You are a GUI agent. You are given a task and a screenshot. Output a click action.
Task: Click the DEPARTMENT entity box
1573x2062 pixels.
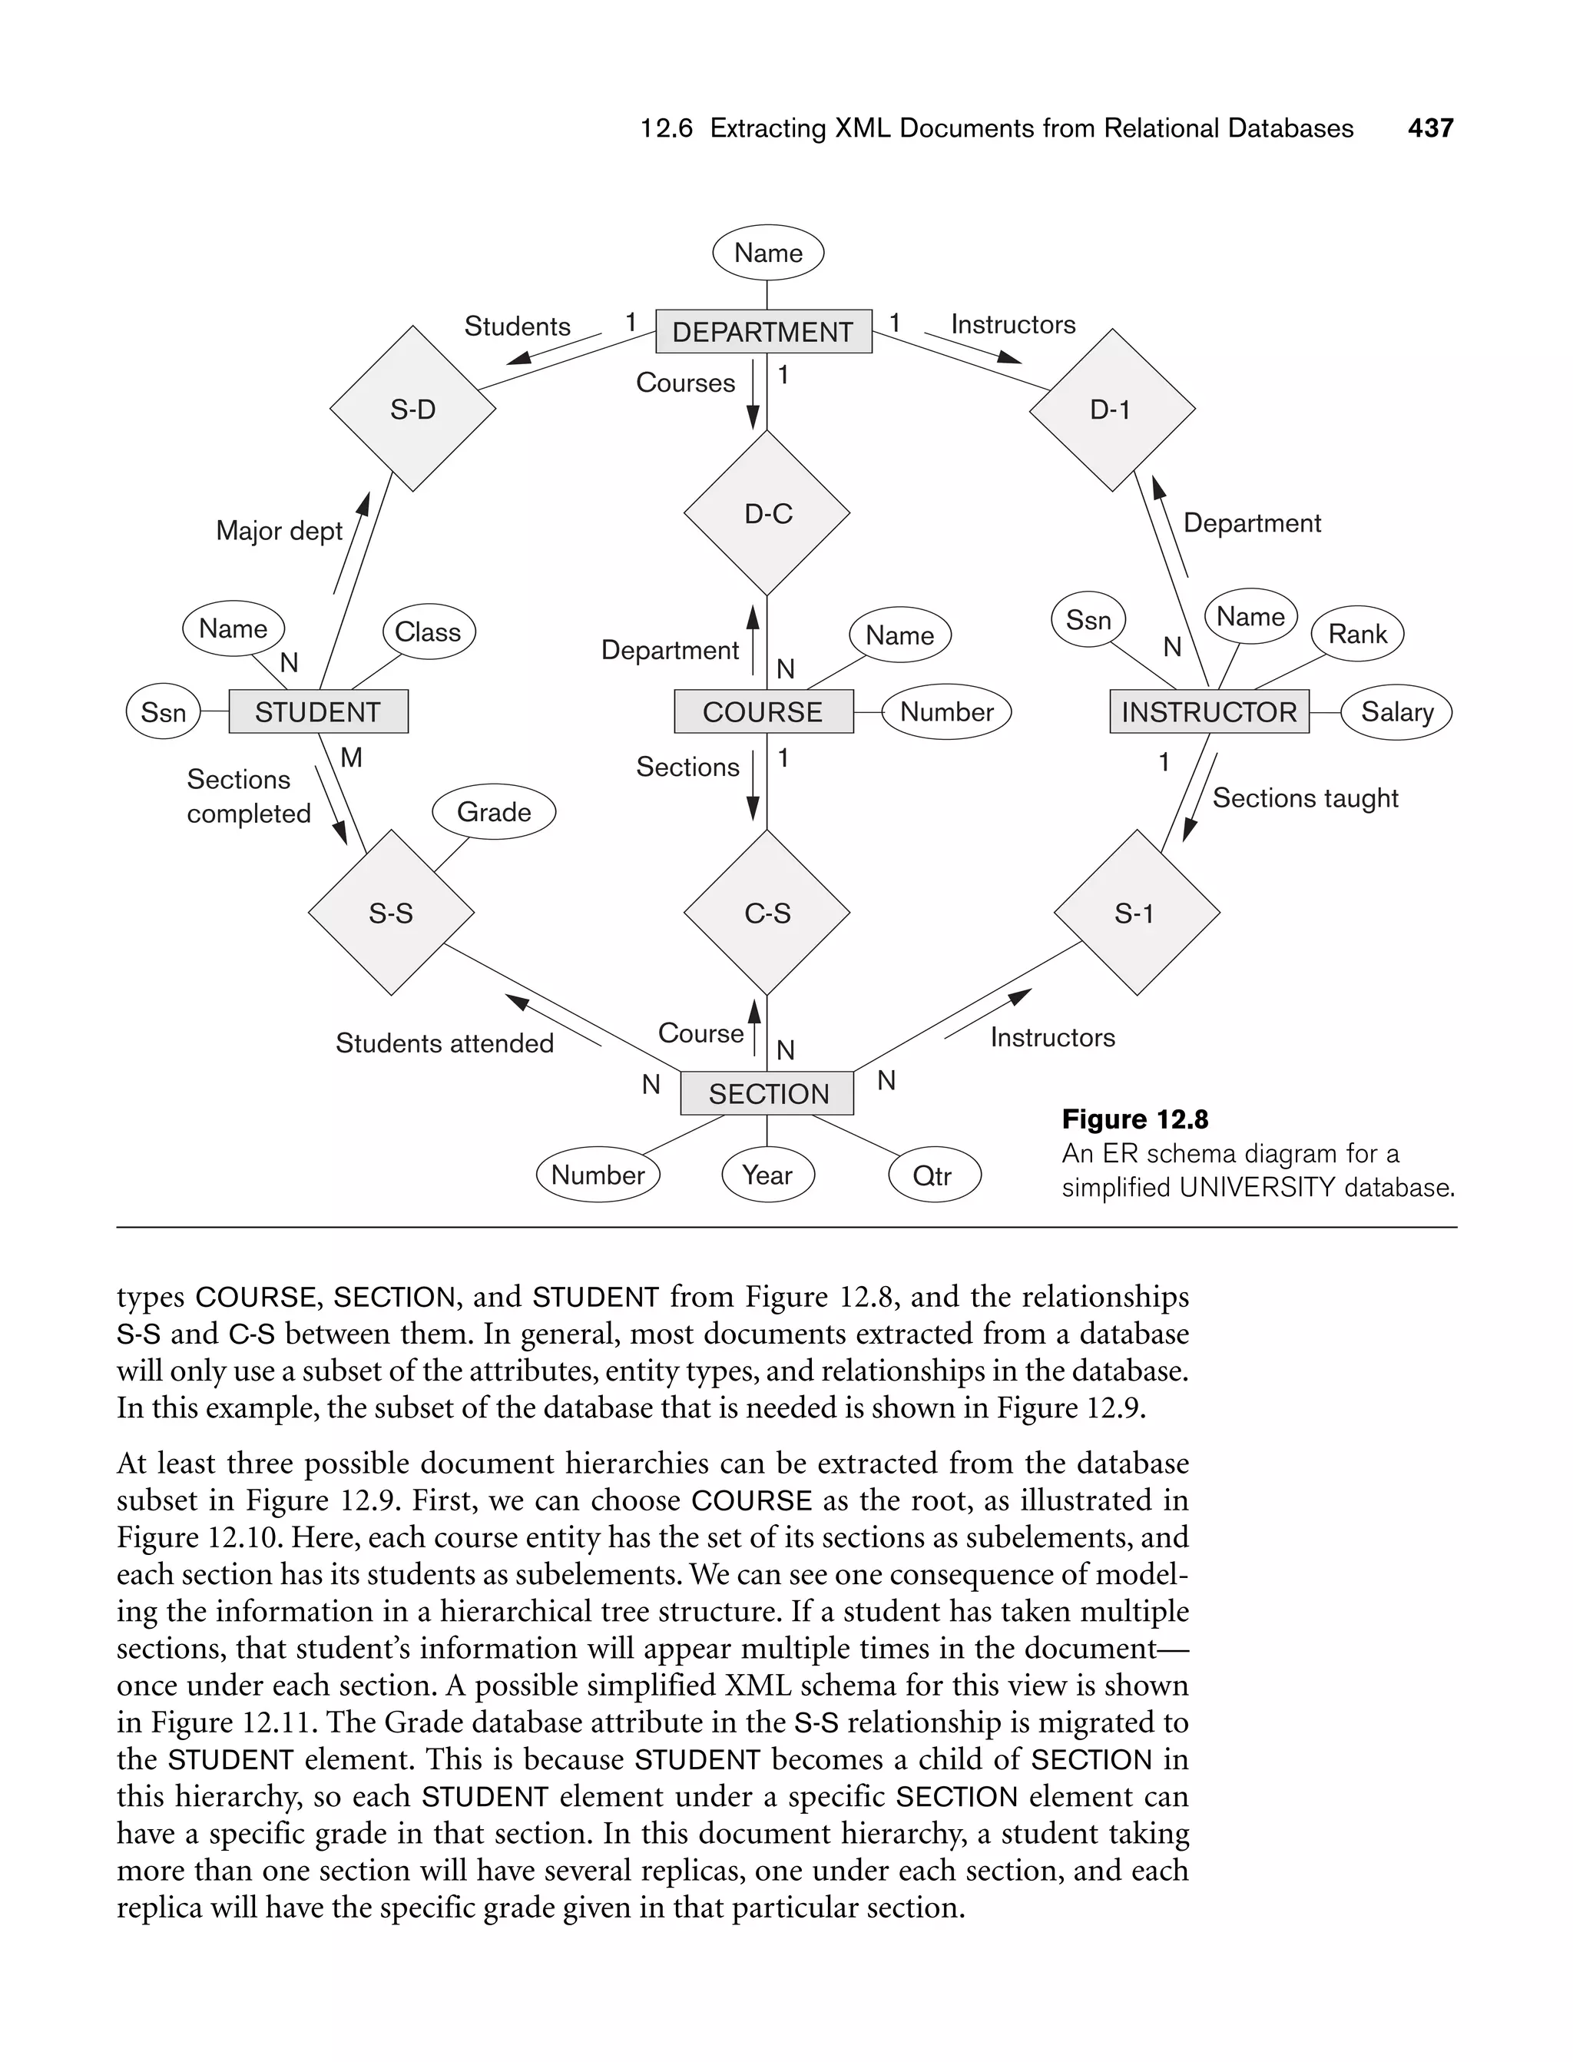point(763,331)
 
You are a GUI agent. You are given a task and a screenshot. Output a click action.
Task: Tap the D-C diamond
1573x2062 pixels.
point(767,513)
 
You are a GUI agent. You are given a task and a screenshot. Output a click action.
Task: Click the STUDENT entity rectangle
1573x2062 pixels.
point(317,711)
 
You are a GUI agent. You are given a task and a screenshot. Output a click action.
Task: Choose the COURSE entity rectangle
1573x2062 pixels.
point(763,711)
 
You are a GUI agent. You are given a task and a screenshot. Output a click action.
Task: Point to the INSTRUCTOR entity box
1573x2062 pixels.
point(1209,711)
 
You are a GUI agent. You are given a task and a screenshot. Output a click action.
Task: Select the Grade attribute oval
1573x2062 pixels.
point(493,812)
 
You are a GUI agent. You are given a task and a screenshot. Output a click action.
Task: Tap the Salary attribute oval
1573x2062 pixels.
point(1396,711)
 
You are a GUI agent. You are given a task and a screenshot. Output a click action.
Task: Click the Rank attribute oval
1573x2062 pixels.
point(1356,634)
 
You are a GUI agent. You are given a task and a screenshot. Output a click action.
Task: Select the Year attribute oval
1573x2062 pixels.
point(768,1174)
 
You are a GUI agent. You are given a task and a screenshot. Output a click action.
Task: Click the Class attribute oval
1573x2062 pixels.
point(428,632)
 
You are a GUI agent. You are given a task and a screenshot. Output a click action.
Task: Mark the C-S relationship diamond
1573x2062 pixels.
point(767,913)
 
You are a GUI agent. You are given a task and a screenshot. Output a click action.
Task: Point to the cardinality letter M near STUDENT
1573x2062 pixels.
point(351,758)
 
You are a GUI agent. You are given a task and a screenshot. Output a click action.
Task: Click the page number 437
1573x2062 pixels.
point(1429,128)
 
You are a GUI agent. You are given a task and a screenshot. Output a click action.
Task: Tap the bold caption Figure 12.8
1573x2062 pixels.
point(1134,1119)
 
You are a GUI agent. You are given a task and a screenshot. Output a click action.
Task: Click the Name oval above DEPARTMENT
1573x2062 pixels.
point(768,253)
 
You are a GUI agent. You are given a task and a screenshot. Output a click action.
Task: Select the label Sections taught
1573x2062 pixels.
point(1304,797)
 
